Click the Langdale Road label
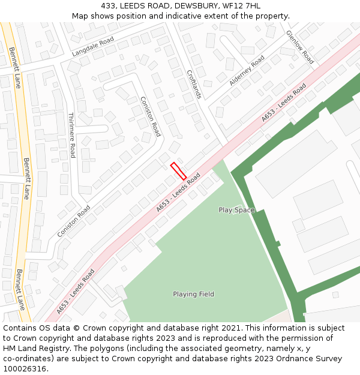(92, 46)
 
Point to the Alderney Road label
(247, 70)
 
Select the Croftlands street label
(194, 83)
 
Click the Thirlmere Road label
(72, 135)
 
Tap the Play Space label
(236, 210)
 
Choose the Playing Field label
(193, 294)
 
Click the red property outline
(178, 171)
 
